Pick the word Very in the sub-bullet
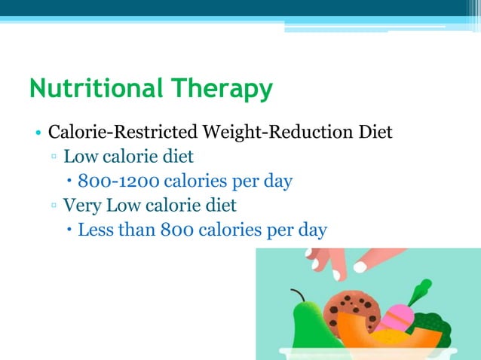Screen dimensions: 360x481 pyautogui.click(x=82, y=205)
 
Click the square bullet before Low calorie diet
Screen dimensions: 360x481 pyautogui.click(x=55, y=158)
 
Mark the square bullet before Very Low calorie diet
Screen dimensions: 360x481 pyautogui.click(x=55, y=206)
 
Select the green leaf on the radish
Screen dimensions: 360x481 pyautogui.click(x=419, y=291)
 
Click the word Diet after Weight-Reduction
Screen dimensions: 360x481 pyautogui.click(x=372, y=133)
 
